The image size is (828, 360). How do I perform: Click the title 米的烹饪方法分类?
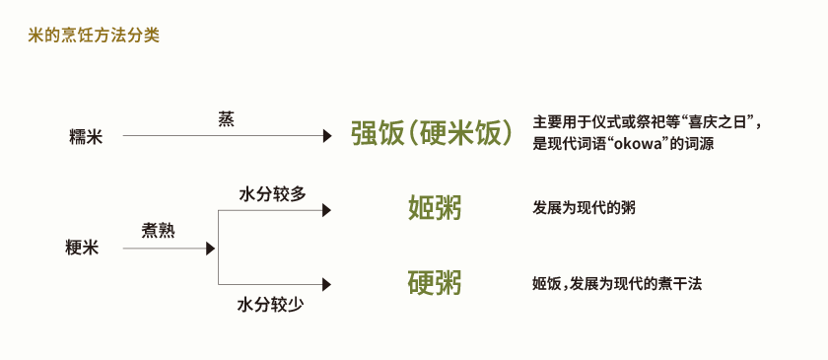94,36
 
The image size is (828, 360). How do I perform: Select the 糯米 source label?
86,137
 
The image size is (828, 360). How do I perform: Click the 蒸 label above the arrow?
226,119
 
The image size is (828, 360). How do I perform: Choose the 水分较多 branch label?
272,193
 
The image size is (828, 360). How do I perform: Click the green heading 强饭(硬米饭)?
432,134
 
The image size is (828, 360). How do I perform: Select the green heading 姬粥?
435,208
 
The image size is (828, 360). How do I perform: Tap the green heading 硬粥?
435,283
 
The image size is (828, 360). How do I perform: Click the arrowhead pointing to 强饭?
327,137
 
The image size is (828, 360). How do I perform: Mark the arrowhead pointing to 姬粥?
327,210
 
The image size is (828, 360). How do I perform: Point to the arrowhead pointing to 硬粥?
327,285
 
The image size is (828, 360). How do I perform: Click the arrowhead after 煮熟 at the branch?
210,249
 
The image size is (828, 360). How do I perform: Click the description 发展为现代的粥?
584,208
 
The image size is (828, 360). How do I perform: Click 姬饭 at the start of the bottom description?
546,284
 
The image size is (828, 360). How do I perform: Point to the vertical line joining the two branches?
218,248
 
